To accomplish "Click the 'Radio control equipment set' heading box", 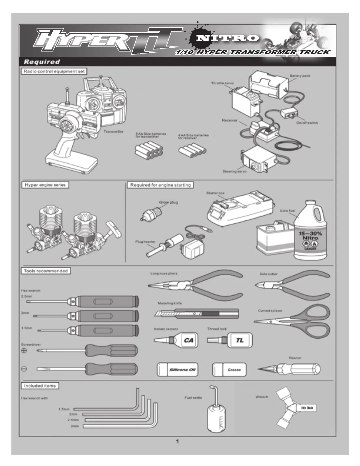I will tap(54, 71).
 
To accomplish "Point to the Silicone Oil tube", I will tap(177, 370).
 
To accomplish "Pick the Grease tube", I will tap(229, 370).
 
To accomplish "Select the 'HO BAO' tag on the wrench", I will tap(307, 408).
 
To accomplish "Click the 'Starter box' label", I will tap(215, 193).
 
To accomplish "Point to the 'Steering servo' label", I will tap(234, 171).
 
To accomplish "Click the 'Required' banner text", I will tap(42, 62).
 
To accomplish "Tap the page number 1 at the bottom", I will tap(177, 441).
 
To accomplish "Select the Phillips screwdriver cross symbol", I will tap(24, 351).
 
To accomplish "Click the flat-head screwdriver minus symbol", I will tap(24, 369).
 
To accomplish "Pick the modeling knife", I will tap(196, 314).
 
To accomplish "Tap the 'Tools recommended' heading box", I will tap(46, 271).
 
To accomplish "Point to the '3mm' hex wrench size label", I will tap(74, 426).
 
